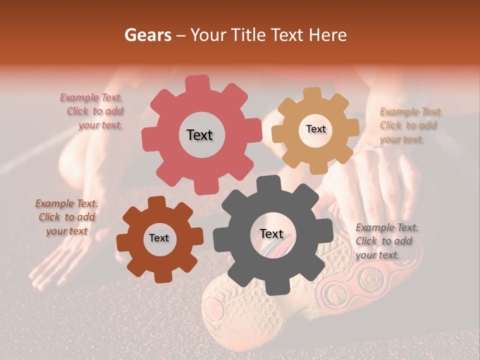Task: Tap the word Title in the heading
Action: coord(249,35)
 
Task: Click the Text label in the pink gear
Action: coord(199,135)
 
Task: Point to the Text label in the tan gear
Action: coord(315,129)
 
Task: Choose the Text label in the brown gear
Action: coord(159,238)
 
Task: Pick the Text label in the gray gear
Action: coord(271,234)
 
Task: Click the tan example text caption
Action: coord(410,125)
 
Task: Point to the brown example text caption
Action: coord(66,217)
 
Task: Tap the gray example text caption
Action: coord(386,241)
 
